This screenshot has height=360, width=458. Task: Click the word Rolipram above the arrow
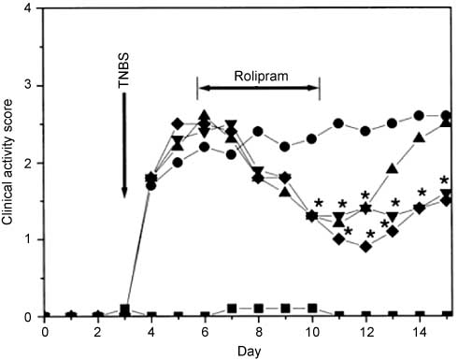259,72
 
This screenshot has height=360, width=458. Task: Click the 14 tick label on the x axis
419,330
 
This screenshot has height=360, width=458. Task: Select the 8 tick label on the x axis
258,330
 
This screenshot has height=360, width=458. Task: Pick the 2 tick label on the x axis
97,330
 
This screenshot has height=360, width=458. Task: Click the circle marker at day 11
338,123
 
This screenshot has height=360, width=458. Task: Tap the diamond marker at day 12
365,247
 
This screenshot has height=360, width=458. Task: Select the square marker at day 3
124,309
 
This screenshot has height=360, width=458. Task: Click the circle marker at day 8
258,131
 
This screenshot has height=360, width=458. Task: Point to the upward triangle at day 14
419,138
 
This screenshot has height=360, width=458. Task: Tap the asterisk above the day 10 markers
319,203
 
